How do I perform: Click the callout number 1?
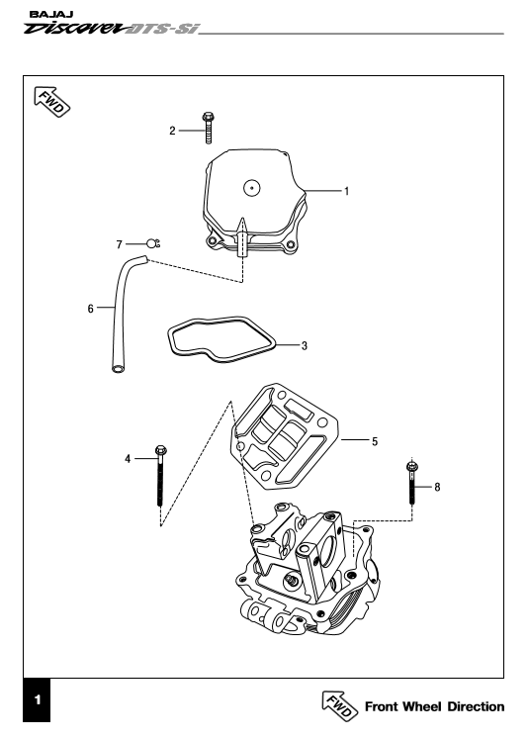coord(346,191)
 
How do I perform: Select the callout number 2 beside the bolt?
coord(172,131)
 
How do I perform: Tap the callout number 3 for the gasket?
coord(305,346)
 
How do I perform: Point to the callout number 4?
coord(128,459)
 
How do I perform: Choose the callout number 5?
coord(375,442)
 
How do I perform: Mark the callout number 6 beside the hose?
coord(91,309)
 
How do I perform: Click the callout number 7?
coord(120,244)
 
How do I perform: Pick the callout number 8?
coord(437,487)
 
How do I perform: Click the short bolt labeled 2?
coord(208,128)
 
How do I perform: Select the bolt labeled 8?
coord(412,483)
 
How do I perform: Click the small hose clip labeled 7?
coord(153,243)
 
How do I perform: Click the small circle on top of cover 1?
coord(252,188)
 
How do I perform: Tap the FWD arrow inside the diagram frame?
coord(51,102)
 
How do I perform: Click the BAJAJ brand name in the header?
coord(51,15)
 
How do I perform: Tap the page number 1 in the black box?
coord(38,699)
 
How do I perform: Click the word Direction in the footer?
coord(476,707)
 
